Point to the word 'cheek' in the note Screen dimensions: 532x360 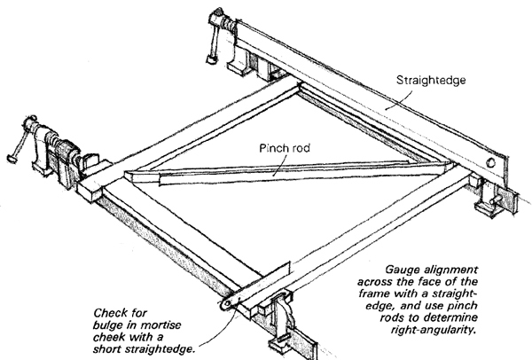coord(106,338)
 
